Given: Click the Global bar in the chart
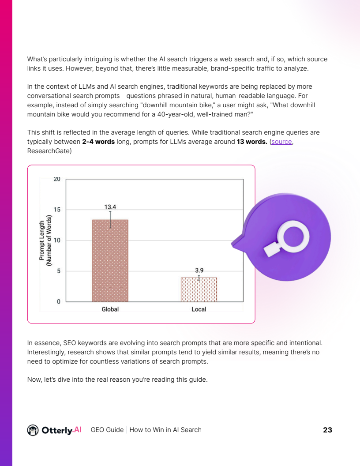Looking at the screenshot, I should (110, 260).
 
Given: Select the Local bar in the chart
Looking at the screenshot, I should (199, 289).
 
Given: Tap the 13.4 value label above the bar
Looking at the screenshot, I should (110, 207).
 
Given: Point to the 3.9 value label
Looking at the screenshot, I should (199, 270).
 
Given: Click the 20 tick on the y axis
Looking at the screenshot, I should (57, 179).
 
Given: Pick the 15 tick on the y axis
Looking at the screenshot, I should (57, 210).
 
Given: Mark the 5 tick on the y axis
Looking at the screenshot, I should (59, 271).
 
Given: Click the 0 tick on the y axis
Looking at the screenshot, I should (59, 302).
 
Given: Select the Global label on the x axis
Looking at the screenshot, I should (110, 309).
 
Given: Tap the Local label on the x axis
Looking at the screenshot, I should (199, 309).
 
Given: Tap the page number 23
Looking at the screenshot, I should (327, 430).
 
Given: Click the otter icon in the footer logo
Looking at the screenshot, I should (33, 430).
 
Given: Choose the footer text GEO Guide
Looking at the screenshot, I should (107, 430).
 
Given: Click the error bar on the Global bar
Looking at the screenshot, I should (110, 219).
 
